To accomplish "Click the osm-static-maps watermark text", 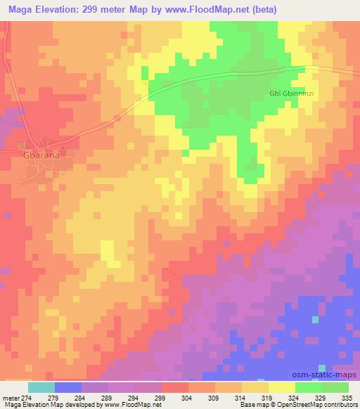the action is tap(326, 377).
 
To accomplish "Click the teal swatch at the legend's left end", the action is tap(41, 387).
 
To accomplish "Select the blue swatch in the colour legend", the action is tap(68, 387).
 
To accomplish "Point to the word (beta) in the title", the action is tap(261, 9).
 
